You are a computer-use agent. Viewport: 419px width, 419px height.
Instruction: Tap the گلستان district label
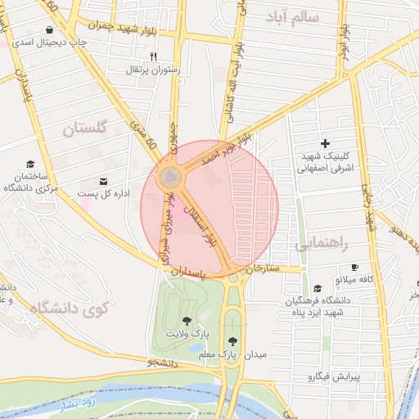click(x=85, y=128)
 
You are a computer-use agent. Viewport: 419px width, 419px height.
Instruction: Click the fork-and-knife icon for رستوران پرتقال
click(x=153, y=56)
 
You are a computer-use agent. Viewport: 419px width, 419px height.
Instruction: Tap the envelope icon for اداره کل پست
click(x=103, y=181)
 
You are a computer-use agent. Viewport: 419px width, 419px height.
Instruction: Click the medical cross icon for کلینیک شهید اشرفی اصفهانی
click(x=326, y=144)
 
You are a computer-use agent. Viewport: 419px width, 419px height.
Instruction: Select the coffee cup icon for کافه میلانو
click(x=354, y=267)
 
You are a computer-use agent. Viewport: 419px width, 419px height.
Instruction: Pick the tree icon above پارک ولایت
click(x=187, y=321)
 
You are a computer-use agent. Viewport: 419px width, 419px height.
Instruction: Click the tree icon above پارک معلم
click(x=233, y=341)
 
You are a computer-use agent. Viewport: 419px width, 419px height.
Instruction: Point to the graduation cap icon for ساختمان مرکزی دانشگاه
click(x=30, y=164)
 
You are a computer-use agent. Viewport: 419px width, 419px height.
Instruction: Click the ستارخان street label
click(x=264, y=267)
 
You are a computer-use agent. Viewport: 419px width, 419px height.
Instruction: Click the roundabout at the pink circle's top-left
click(x=170, y=176)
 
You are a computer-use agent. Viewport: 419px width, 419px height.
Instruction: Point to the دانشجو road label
click(x=164, y=361)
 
